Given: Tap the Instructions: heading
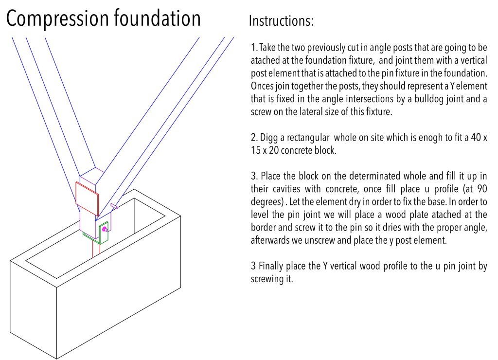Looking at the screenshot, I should [x=281, y=21].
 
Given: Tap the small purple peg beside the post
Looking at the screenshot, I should [x=114, y=206].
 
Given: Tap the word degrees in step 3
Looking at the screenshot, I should [x=266, y=201].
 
